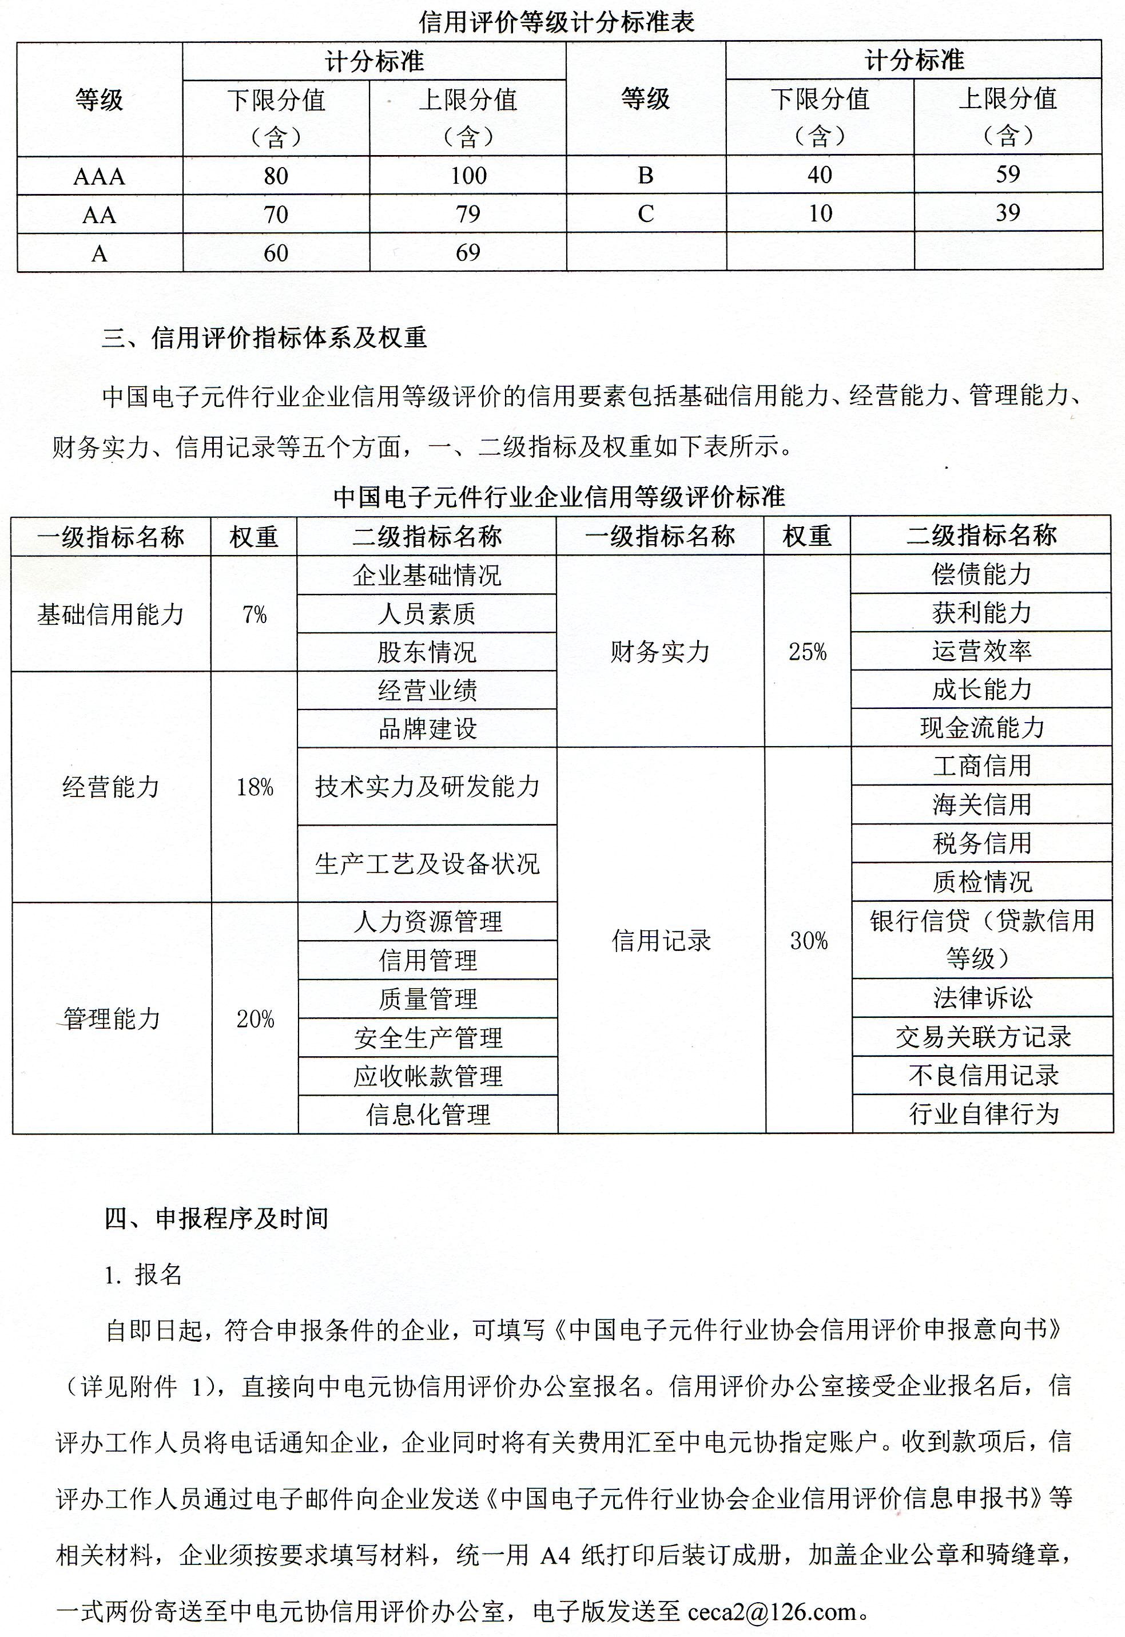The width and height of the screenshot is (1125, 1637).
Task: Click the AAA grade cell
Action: click(99, 176)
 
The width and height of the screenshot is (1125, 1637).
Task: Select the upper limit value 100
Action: click(468, 176)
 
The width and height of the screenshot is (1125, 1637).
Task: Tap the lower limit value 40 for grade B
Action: click(820, 174)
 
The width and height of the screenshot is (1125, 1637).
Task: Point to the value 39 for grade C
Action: click(1007, 212)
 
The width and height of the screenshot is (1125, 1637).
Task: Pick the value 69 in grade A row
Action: click(468, 252)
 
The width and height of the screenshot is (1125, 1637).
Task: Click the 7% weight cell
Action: click(255, 615)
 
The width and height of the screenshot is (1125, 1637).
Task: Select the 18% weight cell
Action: click(255, 787)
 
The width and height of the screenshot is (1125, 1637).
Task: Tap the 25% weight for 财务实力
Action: click(807, 651)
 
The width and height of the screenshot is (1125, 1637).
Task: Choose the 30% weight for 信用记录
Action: click(809, 941)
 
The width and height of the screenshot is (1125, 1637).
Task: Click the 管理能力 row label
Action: click(112, 1018)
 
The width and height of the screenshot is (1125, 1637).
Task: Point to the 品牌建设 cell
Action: click(427, 728)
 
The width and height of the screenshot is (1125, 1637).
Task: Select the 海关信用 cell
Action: click(981, 804)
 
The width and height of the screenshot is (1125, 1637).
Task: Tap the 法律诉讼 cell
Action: click(982, 997)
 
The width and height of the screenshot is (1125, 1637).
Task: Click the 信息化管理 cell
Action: click(427, 1115)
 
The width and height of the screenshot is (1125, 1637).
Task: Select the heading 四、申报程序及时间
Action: click(216, 1218)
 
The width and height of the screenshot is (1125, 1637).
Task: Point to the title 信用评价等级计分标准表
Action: click(557, 22)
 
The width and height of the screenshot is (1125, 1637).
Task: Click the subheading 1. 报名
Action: click(143, 1275)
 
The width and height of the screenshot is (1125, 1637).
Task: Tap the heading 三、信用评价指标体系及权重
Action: click(264, 338)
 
